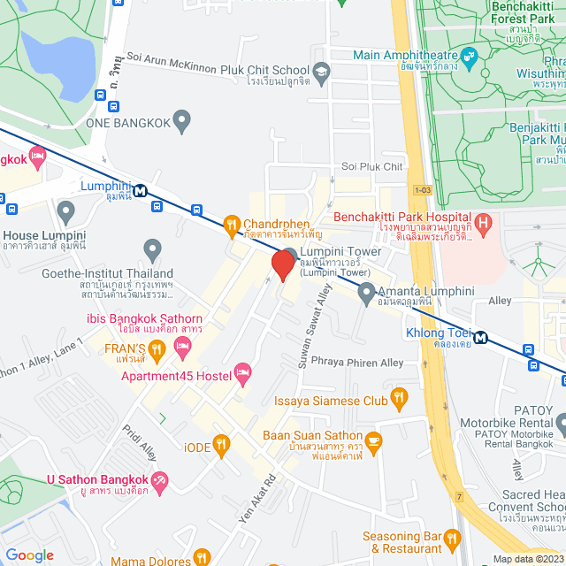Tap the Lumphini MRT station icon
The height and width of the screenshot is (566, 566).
(141, 189)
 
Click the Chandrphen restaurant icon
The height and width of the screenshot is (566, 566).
(232, 224)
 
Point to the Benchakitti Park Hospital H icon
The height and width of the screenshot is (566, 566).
(482, 221)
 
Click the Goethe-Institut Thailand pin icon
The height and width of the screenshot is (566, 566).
(152, 250)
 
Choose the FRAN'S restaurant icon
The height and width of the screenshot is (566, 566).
(156, 348)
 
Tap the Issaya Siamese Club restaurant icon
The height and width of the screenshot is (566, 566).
(400, 400)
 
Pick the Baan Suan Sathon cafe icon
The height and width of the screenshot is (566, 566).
(373, 439)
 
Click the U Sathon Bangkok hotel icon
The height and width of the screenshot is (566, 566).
(160, 482)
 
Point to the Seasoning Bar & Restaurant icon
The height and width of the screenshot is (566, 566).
(453, 537)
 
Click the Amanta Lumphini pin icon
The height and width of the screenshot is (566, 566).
(367, 294)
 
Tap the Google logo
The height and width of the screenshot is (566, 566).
(29, 555)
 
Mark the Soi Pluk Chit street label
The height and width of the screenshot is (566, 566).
(371, 166)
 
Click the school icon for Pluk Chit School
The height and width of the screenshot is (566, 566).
(321, 70)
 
